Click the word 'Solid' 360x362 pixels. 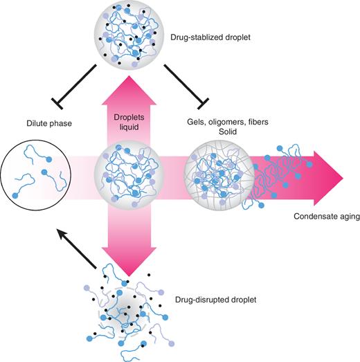(221, 132)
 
